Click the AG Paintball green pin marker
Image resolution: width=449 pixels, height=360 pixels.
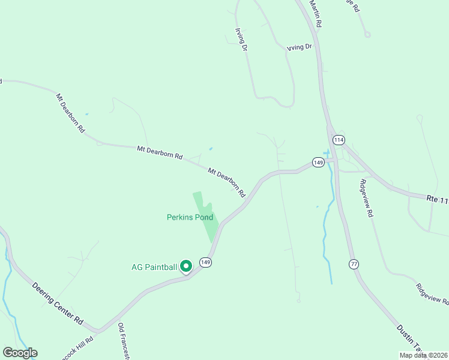point(186,265)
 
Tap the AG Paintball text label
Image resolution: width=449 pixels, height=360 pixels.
point(154,268)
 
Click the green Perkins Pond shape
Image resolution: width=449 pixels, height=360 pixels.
point(205,216)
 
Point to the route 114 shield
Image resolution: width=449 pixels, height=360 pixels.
point(339,140)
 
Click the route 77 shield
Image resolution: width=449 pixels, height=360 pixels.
point(354,263)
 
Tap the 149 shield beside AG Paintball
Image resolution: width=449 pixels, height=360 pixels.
point(206,262)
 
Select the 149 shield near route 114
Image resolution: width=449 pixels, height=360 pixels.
point(318,162)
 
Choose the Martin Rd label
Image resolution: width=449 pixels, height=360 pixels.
point(316,13)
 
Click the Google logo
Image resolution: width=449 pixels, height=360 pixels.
point(20,353)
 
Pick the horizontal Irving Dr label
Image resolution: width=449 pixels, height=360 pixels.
point(300,47)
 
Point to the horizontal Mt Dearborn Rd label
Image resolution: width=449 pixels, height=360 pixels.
point(159,152)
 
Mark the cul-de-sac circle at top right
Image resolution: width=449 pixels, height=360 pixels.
point(367,34)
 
